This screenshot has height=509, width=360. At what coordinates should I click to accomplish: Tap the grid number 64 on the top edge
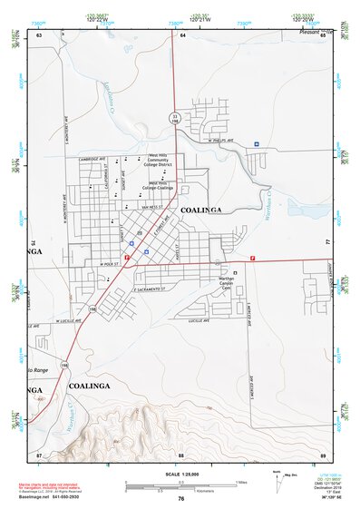[182, 34]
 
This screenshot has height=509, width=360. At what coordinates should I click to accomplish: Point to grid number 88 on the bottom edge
[181, 453]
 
